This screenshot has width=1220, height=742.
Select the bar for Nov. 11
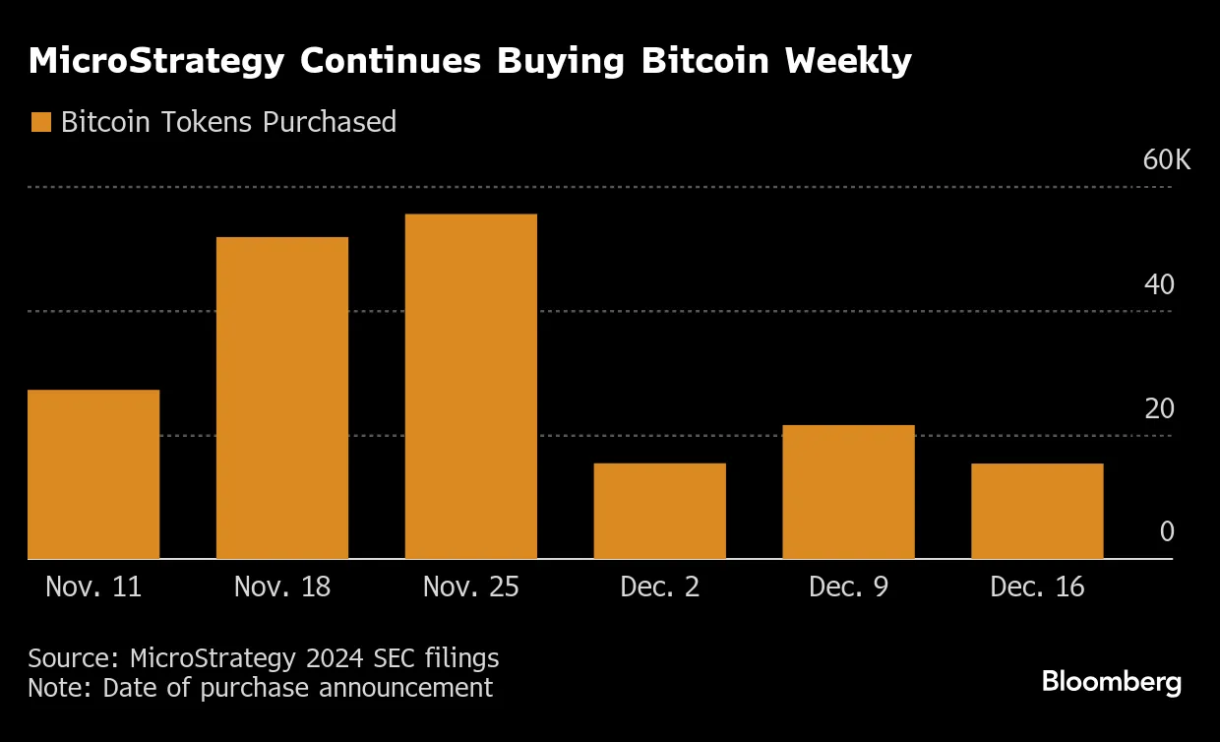[x=93, y=474]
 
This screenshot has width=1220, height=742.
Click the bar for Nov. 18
[x=282, y=398]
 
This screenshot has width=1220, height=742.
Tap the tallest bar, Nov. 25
[x=471, y=386]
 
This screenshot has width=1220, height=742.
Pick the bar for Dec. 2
[x=660, y=511]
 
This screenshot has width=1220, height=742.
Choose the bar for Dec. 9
[x=848, y=492]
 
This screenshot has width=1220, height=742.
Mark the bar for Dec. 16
[x=1037, y=511]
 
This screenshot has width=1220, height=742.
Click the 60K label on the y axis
[x=1166, y=160]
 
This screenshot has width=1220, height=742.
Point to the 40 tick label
[x=1159, y=285]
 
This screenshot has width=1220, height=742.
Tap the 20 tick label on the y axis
[x=1159, y=408]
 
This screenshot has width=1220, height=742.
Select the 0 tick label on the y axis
[x=1167, y=532]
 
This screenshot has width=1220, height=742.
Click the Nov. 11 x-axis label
[x=93, y=587]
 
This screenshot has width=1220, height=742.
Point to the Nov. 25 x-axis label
[x=471, y=587]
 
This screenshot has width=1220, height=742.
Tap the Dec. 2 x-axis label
[x=660, y=587]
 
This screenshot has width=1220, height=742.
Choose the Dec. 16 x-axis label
[x=1037, y=587]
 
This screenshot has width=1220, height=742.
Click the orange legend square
[x=40, y=122]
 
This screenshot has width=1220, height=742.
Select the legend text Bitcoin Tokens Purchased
[x=228, y=122]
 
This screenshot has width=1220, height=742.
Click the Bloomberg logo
[x=1112, y=682]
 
